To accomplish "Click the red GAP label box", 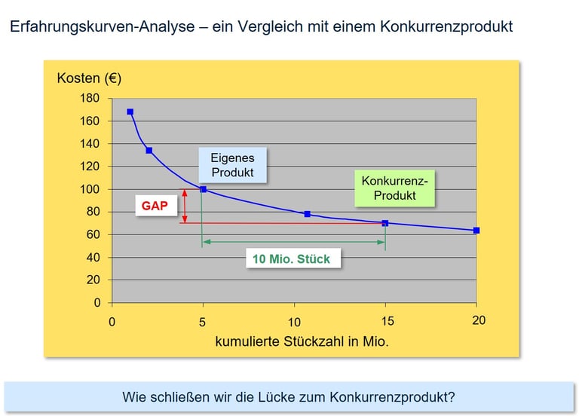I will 155,206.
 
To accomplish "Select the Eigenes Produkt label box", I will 232,165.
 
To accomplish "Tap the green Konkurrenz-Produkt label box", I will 394,188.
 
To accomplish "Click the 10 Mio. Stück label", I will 291,258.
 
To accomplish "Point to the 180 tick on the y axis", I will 90,98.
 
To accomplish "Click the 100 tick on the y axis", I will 90,188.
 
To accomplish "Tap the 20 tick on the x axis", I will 478,321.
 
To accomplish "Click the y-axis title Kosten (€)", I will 89,78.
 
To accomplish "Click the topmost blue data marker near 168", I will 130,112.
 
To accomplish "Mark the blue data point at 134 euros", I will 149,151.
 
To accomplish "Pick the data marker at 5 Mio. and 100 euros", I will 203,189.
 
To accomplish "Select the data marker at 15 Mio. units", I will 385,223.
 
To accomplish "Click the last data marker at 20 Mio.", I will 476,231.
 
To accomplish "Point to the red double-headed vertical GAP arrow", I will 184,206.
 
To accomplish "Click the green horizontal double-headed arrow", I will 294,241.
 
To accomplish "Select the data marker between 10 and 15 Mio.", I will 307,214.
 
